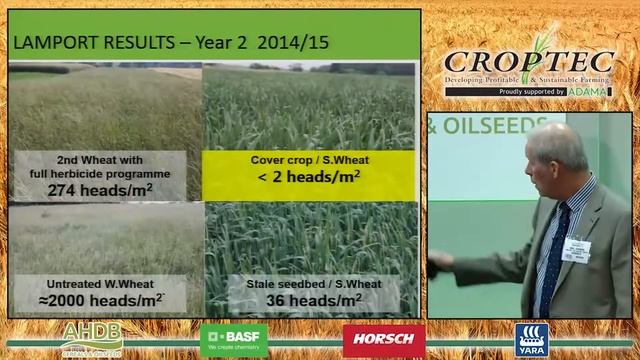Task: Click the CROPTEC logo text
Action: [x=529, y=62]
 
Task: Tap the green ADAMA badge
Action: [x=587, y=91]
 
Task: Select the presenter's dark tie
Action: [x=551, y=250]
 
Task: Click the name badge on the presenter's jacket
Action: [x=576, y=249]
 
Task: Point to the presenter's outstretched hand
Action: [x=440, y=263]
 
